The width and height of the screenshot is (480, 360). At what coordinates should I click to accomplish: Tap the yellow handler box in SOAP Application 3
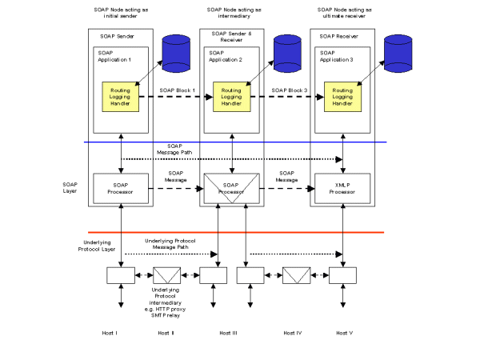342,97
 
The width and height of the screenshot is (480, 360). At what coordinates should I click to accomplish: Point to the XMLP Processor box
342,189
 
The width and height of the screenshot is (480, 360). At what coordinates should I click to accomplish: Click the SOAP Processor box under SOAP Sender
121,189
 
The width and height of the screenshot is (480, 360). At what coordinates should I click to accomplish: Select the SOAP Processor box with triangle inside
232,190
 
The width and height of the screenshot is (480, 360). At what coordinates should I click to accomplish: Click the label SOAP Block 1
177,89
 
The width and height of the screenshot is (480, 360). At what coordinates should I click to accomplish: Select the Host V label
343,331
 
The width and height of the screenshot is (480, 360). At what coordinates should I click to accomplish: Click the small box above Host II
167,275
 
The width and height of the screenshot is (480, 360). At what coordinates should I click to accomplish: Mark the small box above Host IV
297,275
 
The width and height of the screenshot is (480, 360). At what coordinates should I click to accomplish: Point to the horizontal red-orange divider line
240,232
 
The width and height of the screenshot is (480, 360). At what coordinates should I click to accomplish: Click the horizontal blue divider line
240,142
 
